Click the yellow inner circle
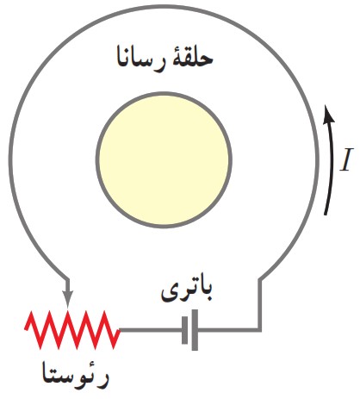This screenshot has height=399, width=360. point(164,160)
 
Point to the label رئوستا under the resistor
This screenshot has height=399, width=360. point(76,376)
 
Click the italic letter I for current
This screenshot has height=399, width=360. point(345,159)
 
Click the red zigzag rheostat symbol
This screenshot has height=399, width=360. point(72,329)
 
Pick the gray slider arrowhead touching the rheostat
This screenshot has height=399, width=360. point(67,299)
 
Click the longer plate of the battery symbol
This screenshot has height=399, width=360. point(195,330)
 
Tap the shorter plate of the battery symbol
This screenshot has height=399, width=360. point(184,330)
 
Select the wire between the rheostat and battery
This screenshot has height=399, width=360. point(151,330)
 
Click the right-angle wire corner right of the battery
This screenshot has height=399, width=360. point(260,329)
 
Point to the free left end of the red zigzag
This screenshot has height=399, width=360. point(26,329)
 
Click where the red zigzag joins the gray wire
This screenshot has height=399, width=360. point(120,330)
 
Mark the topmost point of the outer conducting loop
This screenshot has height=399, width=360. point(164,6)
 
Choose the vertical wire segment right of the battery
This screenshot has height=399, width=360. point(260,304)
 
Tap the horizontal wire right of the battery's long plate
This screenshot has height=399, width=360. point(229,330)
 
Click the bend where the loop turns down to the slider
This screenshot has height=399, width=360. point(67,277)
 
